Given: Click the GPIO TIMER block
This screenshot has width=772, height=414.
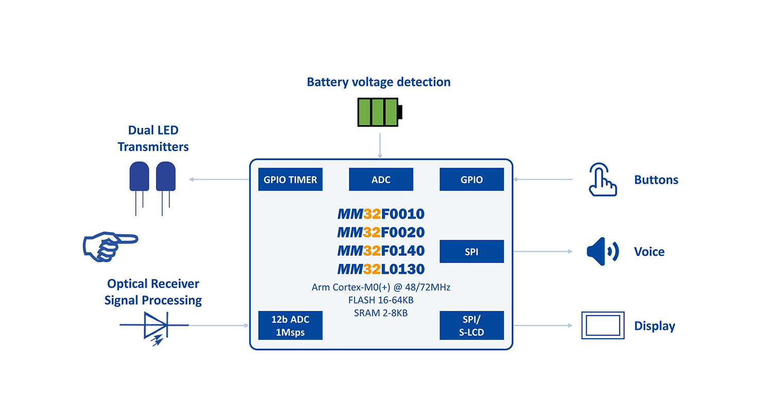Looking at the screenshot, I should pyautogui.click(x=290, y=179).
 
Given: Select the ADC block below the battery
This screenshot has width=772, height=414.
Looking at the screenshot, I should pyautogui.click(x=381, y=179).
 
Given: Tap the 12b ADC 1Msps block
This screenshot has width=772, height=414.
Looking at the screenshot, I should pyautogui.click(x=290, y=325).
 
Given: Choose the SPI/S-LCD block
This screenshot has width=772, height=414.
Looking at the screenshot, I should pyautogui.click(x=471, y=325).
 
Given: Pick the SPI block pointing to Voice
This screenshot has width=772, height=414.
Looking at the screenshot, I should pyautogui.click(x=471, y=251).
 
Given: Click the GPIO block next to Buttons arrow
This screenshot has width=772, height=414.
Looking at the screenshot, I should pyautogui.click(x=471, y=179).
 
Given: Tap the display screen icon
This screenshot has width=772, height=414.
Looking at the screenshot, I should pyautogui.click(x=603, y=325).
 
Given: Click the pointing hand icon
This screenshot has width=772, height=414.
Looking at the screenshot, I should pyautogui.click(x=110, y=244).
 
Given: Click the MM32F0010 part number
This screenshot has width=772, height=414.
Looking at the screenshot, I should pyautogui.click(x=381, y=213).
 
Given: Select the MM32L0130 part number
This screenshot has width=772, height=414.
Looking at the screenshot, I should pyautogui.click(x=381, y=269).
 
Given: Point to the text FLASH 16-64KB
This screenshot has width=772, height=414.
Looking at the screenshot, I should pyautogui.click(x=381, y=300).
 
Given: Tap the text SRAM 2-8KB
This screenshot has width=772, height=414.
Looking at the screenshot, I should pyautogui.click(x=381, y=312).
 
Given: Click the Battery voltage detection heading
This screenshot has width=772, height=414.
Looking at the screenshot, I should pyautogui.click(x=378, y=82).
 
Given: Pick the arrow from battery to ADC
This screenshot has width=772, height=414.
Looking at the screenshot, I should pyautogui.click(x=380, y=145).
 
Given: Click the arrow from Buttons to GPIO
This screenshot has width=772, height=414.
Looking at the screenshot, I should pyautogui.click(x=543, y=179).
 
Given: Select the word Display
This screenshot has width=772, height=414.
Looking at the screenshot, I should pyautogui.click(x=654, y=326).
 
